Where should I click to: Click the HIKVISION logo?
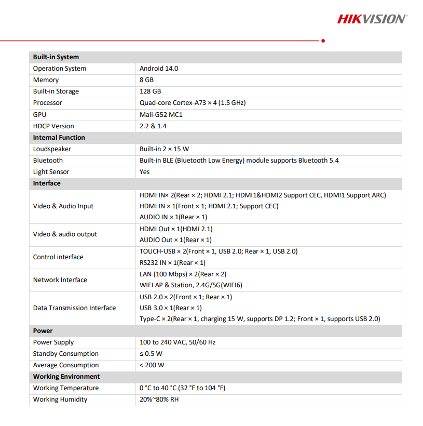point(372,19)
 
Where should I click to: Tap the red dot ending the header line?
point(323,40)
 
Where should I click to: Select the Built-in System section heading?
point(56,57)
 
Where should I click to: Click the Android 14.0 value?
point(159,69)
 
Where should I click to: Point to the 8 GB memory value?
point(146,80)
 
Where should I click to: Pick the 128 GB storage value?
point(150,91)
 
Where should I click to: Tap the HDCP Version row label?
point(53,126)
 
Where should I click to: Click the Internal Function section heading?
point(59,138)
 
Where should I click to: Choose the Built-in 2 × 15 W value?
point(164,149)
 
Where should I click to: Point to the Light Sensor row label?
point(51,172)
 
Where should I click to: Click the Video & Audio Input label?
point(63,206)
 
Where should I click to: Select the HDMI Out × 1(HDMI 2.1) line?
point(176,229)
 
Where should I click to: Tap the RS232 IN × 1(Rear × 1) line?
point(172,263)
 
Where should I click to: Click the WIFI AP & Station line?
point(191,285)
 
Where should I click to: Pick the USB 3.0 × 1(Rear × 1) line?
point(171,308)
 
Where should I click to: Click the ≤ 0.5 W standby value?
point(151,354)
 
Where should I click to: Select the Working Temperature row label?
point(65,388)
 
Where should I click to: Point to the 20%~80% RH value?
point(159,400)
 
